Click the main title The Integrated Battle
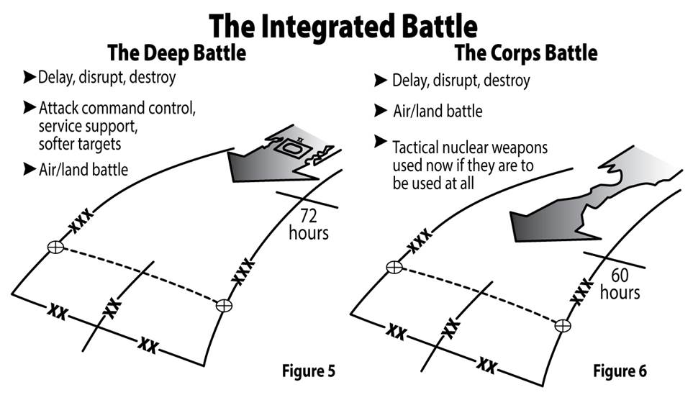pos(343,27)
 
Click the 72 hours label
pos(309,224)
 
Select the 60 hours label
pos(620,284)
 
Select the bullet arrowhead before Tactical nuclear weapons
pos(381,142)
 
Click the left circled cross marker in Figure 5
pos(55,248)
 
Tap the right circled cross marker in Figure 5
pos(223,306)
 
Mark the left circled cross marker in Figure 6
pos(394,268)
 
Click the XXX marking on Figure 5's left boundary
pos(79,227)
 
